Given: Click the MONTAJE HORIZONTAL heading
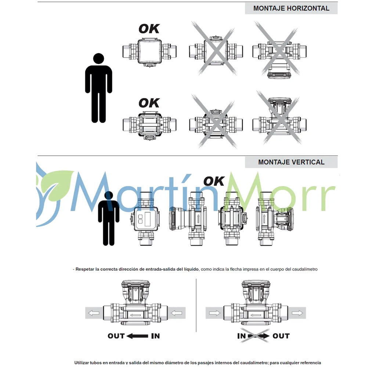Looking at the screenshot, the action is (291, 8).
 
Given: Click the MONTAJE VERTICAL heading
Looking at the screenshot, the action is (291, 162).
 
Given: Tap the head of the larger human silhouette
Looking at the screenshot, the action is (98, 58).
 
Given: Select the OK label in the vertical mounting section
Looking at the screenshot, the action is (214, 181).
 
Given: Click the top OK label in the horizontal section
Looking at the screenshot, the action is (149, 29).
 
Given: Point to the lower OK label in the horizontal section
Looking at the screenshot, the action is (149, 103).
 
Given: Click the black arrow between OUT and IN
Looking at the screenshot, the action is (137, 336).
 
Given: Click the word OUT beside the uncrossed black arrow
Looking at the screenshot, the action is (116, 336).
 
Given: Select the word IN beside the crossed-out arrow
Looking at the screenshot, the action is (242, 336).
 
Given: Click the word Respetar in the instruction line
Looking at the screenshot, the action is (85, 269).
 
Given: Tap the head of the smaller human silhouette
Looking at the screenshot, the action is (109, 195).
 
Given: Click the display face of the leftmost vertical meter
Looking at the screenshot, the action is (146, 219).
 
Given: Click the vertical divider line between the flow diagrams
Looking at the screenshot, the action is (196, 305).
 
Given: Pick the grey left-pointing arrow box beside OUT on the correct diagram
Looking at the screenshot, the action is (94, 313).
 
